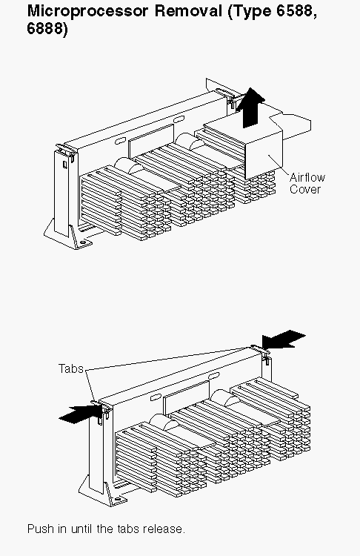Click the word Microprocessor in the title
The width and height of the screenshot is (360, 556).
(x=87, y=11)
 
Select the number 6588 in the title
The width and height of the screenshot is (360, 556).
(x=295, y=11)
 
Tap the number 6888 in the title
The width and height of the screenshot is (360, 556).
(x=45, y=29)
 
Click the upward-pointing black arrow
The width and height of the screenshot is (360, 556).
(x=250, y=107)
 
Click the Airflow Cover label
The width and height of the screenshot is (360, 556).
(x=307, y=183)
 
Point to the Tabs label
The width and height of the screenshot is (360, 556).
(x=71, y=368)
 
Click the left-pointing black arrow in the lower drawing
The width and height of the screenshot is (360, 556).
(x=284, y=340)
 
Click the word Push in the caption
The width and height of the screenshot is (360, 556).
(x=41, y=529)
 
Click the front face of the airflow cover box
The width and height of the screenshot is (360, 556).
(x=263, y=155)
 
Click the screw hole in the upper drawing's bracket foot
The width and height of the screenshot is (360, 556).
(x=83, y=242)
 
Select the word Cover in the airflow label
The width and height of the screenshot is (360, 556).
(x=305, y=189)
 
